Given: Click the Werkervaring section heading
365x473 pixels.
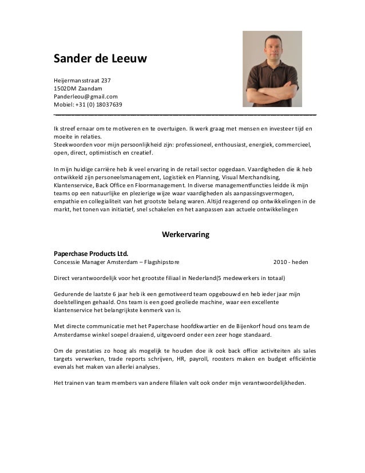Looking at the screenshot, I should (186, 235).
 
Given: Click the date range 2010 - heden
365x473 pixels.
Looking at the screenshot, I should (291, 262).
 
